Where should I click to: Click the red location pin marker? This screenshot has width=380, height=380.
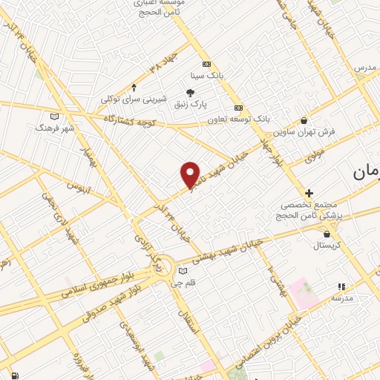(x=191, y=174)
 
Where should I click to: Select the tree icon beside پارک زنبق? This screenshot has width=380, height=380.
(x=191, y=93)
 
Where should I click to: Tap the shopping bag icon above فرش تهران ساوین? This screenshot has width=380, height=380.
(x=304, y=121)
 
